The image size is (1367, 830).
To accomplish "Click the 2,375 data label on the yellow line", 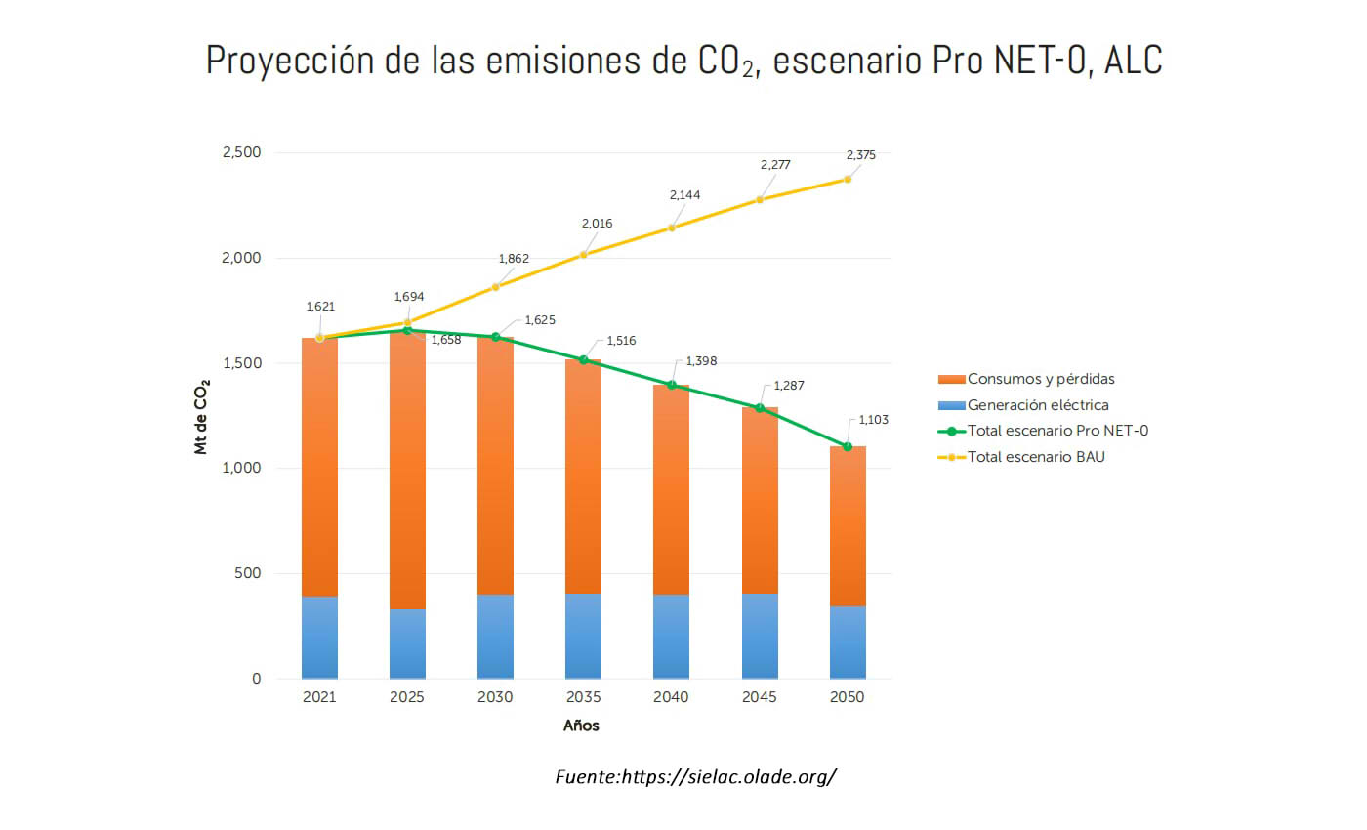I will [860, 155].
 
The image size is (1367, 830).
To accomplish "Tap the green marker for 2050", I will [848, 446].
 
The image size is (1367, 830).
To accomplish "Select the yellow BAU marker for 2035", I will [584, 255].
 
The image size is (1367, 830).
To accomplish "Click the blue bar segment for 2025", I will [407, 643].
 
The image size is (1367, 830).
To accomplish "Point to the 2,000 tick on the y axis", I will [240, 258].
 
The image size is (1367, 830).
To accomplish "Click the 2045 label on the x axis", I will [759, 697].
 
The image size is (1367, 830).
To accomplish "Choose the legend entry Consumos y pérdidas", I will [1040, 379].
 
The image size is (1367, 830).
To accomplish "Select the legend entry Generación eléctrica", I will [1037, 405].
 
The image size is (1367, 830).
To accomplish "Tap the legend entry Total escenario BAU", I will [1035, 456].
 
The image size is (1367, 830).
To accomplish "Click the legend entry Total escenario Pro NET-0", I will [1056, 431].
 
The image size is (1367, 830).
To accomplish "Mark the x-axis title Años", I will [581, 726].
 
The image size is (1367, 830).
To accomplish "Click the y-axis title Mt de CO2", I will [202, 417].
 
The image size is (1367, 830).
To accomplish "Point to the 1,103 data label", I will [874, 420].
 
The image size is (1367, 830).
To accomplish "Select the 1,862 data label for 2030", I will [514, 259].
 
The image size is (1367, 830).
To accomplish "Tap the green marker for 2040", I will [672, 385].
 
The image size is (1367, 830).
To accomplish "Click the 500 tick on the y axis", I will [247, 573].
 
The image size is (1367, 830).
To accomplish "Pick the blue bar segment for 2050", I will [848, 643].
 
